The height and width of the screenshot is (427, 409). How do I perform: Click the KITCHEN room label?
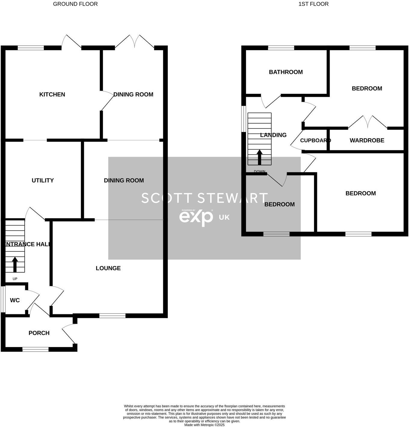tap(52, 94)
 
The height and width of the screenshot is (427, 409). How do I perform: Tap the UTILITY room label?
tap(43, 180)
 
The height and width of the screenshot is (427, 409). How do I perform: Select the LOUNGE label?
tap(108, 268)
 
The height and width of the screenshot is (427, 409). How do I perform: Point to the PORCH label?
tap(39, 333)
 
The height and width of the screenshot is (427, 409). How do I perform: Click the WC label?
tap(15, 300)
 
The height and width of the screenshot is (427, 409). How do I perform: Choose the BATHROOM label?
tap(286, 72)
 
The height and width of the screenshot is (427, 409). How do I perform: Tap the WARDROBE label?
tap(367, 140)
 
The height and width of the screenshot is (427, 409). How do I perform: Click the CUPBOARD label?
tap(315, 140)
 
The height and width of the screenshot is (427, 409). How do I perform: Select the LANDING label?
tap(273, 135)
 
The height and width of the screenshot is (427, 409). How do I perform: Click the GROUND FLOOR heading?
tap(75, 4)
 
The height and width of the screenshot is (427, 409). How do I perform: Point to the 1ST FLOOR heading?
tap(313, 4)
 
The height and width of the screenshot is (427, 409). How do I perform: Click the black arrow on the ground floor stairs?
tap(15, 265)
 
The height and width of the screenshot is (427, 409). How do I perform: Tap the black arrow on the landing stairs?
tap(259, 157)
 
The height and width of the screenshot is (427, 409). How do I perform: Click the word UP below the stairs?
tap(15, 279)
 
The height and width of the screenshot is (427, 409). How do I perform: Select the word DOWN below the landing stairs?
tap(260, 172)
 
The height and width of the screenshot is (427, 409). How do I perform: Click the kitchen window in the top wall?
tap(31, 48)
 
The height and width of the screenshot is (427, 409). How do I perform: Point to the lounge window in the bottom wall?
tap(112, 315)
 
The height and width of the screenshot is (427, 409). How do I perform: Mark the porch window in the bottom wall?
tap(35, 349)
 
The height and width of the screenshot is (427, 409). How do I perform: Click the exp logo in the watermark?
tap(196, 217)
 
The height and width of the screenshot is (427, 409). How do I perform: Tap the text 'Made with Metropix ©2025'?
tap(204, 425)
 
